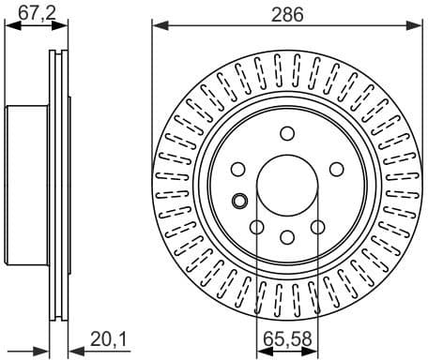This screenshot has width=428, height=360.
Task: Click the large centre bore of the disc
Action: tap(286, 184)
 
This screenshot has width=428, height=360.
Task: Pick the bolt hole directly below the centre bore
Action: tap(286, 236)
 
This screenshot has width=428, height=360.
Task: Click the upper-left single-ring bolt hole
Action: tap(237, 169)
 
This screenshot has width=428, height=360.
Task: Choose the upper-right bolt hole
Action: tap(335, 169)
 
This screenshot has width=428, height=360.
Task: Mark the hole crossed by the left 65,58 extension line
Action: tap(256, 226)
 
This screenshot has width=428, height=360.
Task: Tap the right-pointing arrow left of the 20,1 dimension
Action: tap(41, 352)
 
